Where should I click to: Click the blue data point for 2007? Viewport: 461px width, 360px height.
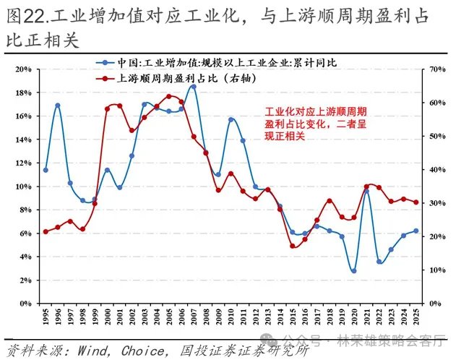coord(193,87)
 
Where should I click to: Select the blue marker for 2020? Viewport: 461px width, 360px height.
coord(353,271)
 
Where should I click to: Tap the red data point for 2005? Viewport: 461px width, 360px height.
coord(168,96)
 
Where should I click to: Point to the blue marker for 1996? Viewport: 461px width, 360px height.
coord(58,106)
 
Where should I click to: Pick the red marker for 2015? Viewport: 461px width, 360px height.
coord(292,246)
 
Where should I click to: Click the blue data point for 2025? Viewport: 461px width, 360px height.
coord(415,231)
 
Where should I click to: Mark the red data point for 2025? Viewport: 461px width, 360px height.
coord(415,202)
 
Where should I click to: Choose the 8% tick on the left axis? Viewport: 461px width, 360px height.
coord(24,210)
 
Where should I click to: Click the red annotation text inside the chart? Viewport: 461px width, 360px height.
coord(316,124)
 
